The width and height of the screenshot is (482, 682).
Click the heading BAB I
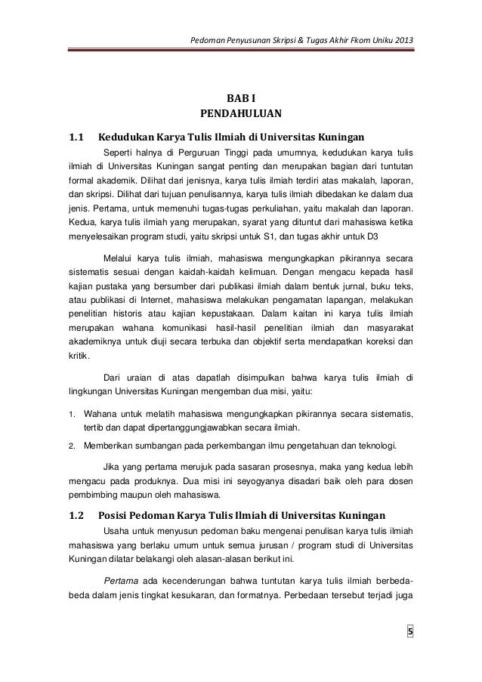click(240, 97)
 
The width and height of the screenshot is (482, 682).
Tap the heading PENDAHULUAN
click(240, 115)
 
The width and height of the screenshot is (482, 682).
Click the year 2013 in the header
click(403, 39)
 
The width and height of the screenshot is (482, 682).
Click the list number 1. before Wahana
click(71, 415)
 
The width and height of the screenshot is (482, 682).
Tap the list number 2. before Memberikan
click(71, 446)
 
